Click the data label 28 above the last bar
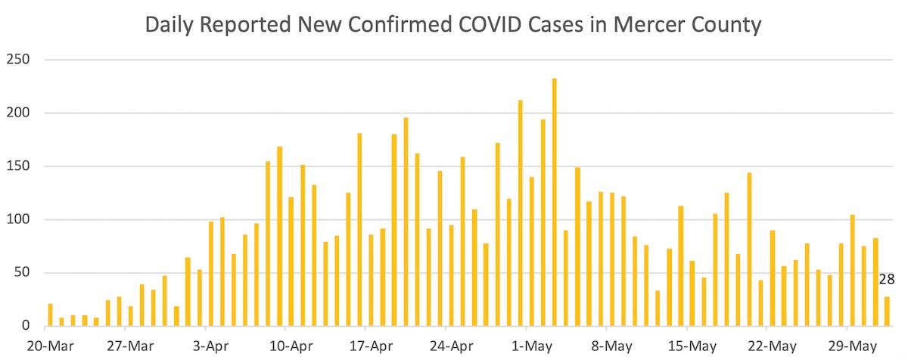click(x=887, y=279)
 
